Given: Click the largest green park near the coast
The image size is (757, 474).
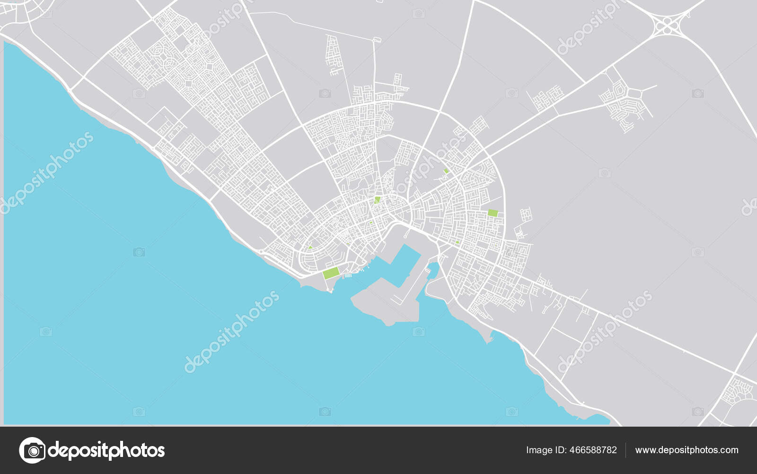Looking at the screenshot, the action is pos(331,273).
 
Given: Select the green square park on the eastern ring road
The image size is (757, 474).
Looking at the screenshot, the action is pos(493,213).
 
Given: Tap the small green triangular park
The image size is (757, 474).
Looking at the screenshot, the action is pos(310,247).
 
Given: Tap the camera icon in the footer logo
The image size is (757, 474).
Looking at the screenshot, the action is pos(32,450).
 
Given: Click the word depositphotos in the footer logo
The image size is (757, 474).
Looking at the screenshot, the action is pos(106,450).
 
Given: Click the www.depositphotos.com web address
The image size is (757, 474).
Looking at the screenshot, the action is pos(687,450).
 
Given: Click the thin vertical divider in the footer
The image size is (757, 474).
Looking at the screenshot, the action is pos(626,450).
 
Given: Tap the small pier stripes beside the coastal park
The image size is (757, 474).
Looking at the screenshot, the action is pos(349,275).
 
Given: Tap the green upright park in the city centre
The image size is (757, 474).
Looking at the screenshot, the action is pos(377,200).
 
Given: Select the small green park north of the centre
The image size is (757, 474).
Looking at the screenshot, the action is pos(446,171).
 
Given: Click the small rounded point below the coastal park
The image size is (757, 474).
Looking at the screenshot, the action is pos(331,289).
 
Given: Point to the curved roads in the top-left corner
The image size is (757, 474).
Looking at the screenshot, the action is pos(19,12).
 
